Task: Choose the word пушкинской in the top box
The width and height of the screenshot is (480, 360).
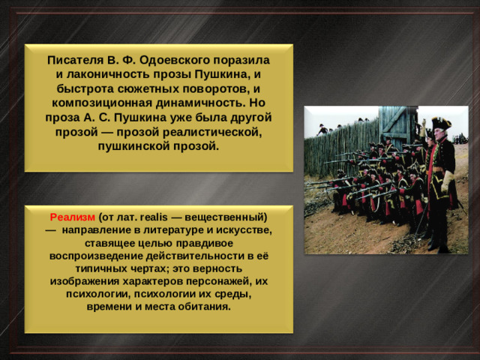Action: click(133, 145)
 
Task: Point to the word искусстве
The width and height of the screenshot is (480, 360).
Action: click(241, 229)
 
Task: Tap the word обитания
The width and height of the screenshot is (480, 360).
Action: click(205, 307)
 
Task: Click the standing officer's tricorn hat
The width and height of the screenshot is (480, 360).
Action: click(440, 123)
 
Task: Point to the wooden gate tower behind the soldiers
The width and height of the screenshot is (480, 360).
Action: click(397, 124)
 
